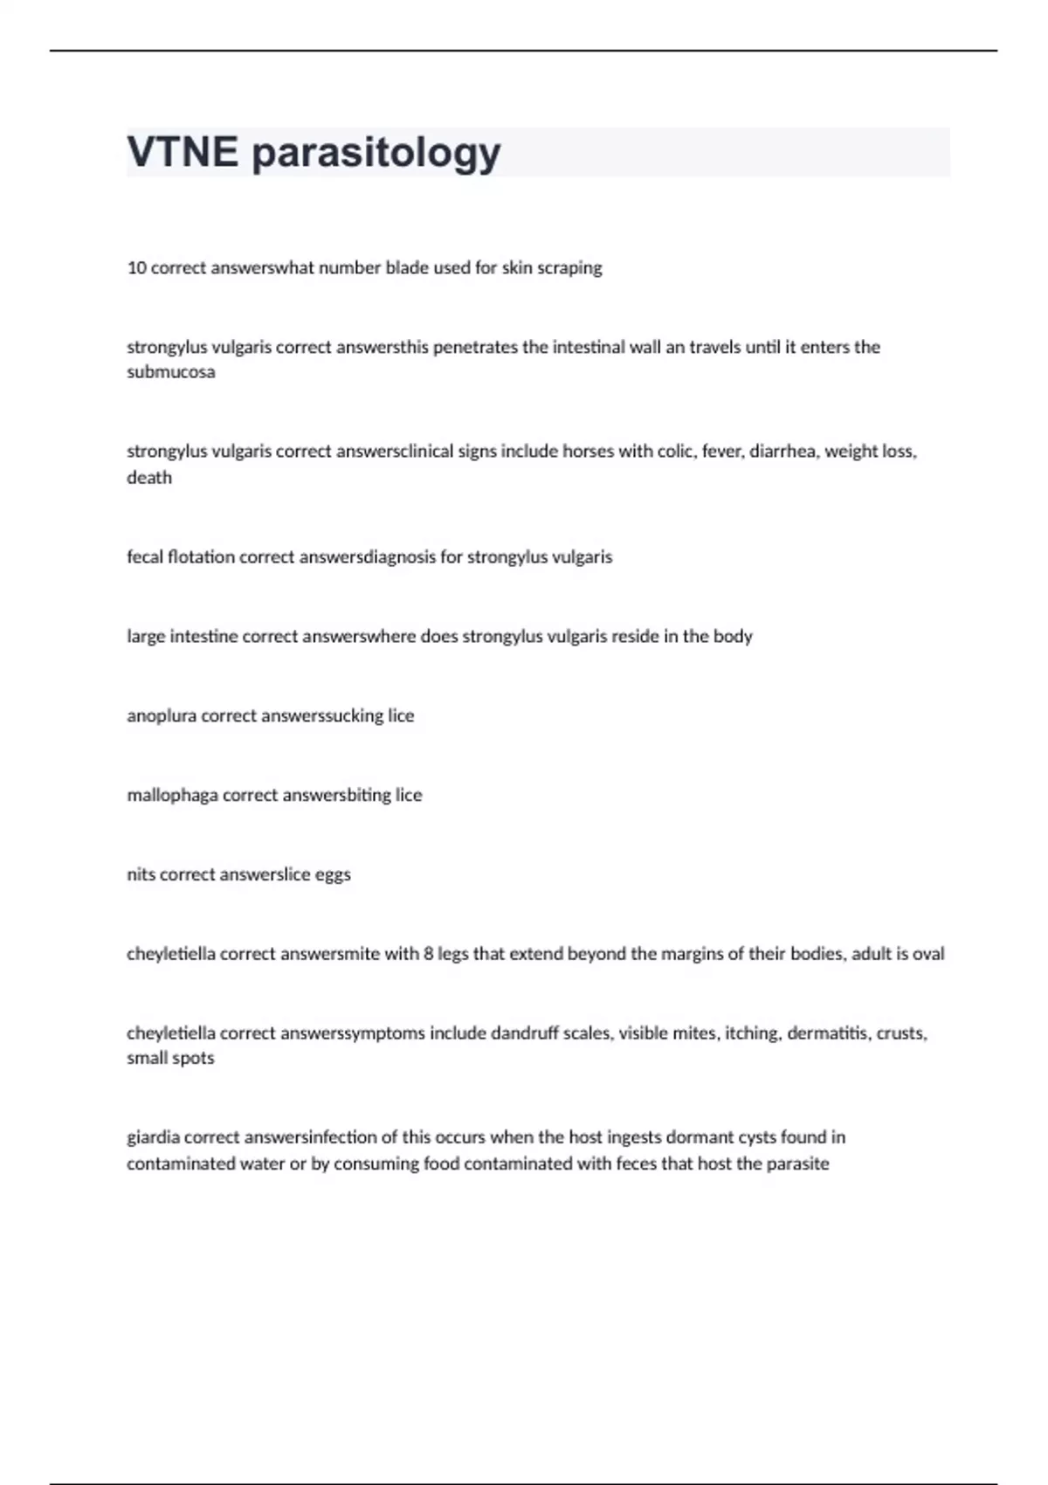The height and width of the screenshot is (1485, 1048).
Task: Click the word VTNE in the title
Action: point(183,152)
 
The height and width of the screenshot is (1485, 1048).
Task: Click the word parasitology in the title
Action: point(376,154)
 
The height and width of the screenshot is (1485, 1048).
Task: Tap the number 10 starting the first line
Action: point(136,268)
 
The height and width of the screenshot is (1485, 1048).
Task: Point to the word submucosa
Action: point(170,372)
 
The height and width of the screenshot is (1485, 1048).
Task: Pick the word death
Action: point(149,478)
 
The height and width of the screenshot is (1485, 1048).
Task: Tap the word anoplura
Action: point(162,716)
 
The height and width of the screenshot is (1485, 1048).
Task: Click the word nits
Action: point(141,874)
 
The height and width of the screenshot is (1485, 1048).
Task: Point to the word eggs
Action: point(333,875)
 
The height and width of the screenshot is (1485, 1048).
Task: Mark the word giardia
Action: point(153,1137)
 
